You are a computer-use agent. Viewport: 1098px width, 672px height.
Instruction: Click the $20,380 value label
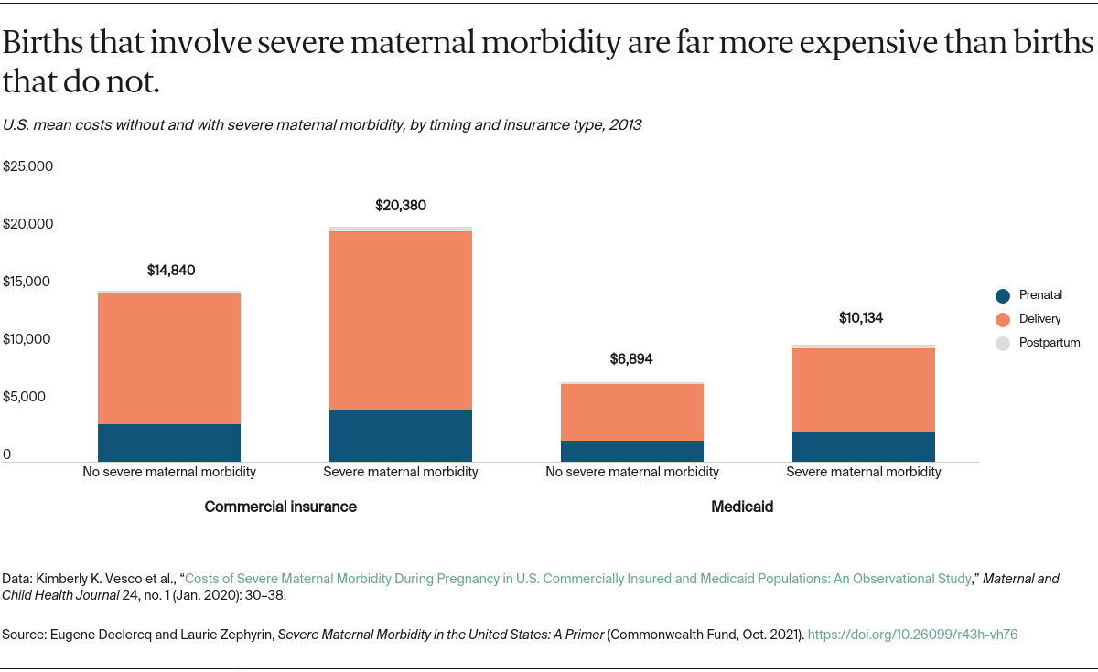click(401, 206)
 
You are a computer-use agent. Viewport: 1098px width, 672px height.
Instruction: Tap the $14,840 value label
click(171, 271)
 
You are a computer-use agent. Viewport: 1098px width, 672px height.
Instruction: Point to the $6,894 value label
click(631, 359)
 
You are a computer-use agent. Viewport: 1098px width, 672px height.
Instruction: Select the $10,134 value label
click(862, 318)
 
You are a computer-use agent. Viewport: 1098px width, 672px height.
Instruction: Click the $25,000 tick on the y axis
click(28, 166)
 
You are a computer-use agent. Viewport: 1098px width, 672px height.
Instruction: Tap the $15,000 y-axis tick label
click(28, 282)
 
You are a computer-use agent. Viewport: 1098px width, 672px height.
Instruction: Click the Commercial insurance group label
click(280, 507)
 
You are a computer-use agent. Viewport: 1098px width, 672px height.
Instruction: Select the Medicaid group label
click(742, 507)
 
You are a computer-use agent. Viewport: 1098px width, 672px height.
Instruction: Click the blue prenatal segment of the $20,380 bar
click(401, 435)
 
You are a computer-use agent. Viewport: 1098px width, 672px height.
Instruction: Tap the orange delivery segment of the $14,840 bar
click(169, 357)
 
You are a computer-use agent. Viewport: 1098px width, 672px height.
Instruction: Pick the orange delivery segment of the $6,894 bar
click(632, 411)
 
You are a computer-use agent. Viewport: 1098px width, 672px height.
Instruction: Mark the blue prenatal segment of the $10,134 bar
click(864, 446)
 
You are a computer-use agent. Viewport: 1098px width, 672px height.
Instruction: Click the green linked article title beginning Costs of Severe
click(576, 579)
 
